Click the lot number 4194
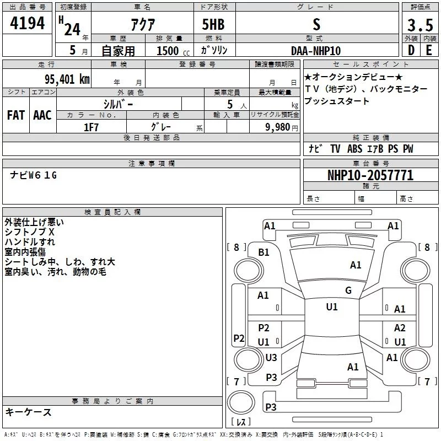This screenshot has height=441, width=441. coord(28,23)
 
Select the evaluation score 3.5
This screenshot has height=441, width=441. coord(420,25)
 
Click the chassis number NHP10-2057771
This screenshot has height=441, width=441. coord(370,176)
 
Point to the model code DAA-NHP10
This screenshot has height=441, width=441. coord(316,50)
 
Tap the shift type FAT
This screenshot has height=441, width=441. coord(16,115)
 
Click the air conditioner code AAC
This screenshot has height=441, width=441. coord(42,115)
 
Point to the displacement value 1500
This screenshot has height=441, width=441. coord(168,51)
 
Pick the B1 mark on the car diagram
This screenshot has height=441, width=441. coord(263,252)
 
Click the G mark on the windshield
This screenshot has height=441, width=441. coord(348,291)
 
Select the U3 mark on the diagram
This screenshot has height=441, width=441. coord(271,358)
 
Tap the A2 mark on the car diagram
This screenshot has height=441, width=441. coord(400,328)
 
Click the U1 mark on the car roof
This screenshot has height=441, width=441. coord(331,307)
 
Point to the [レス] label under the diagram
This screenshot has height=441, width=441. coord(241,423)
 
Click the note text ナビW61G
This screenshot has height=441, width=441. coord(34,175)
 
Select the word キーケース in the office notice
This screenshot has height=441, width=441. coord(28,412)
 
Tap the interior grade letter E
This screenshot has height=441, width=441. coord(429,50)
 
